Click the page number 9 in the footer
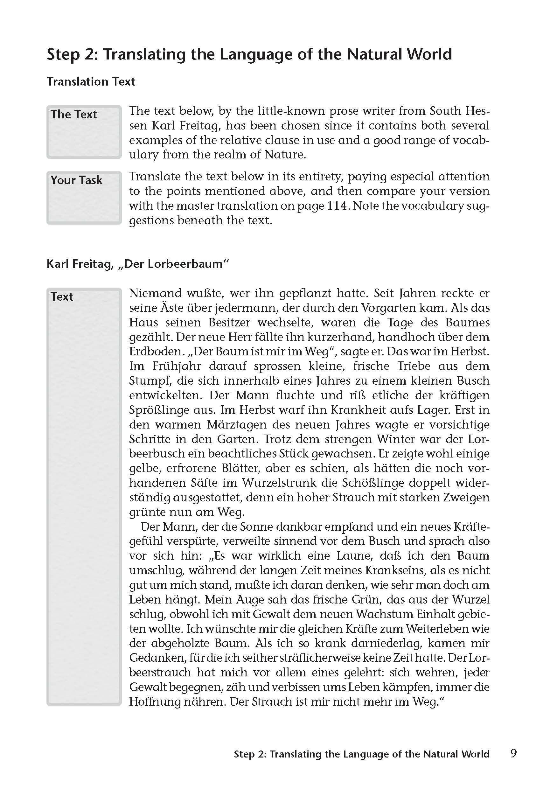[513, 753]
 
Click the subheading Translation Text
[91, 81]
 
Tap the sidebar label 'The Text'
[74, 114]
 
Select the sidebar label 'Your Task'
[76, 180]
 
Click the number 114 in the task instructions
[338, 206]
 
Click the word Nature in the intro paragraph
[285, 155]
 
